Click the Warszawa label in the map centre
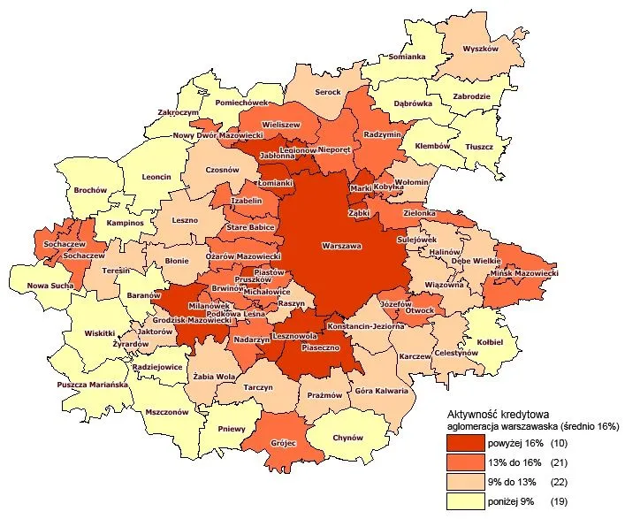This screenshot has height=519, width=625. point(342,245)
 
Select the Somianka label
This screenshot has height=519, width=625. point(408,57)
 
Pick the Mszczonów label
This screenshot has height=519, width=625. point(167,411)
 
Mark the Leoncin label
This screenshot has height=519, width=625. point(156,177)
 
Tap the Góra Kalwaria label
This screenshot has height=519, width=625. point(381,390)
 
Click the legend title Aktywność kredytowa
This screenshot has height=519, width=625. point(499,413)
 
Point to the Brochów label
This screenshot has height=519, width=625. point(91,190)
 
